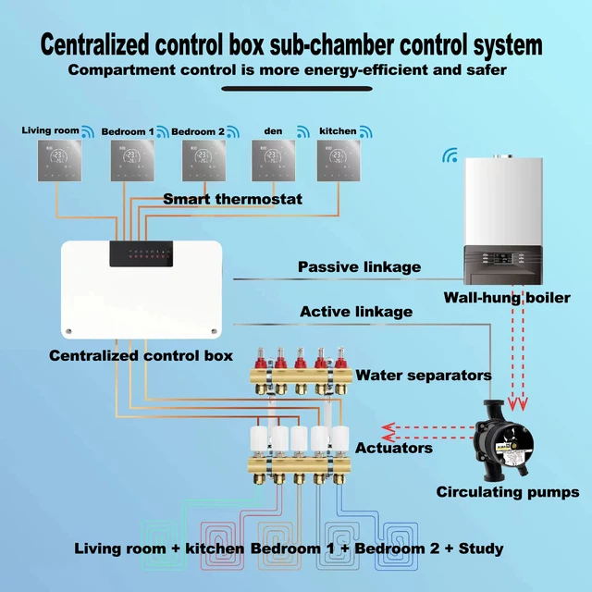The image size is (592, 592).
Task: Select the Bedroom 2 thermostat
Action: pyautogui.click(x=201, y=161)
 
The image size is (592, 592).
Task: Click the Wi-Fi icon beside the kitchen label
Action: pyautogui.click(x=365, y=131)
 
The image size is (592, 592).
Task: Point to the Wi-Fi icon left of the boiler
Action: pyautogui.click(x=450, y=155)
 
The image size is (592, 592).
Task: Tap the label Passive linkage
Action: pyautogui.click(x=359, y=267)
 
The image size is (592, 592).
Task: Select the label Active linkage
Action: pyautogui.click(x=356, y=312)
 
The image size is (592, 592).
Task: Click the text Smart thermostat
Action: pyautogui.click(x=231, y=199)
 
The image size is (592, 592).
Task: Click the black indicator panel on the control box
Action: pyautogui.click(x=139, y=254)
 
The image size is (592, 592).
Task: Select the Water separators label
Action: pyautogui.click(x=424, y=376)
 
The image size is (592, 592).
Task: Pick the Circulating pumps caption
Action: pyautogui.click(x=508, y=492)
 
